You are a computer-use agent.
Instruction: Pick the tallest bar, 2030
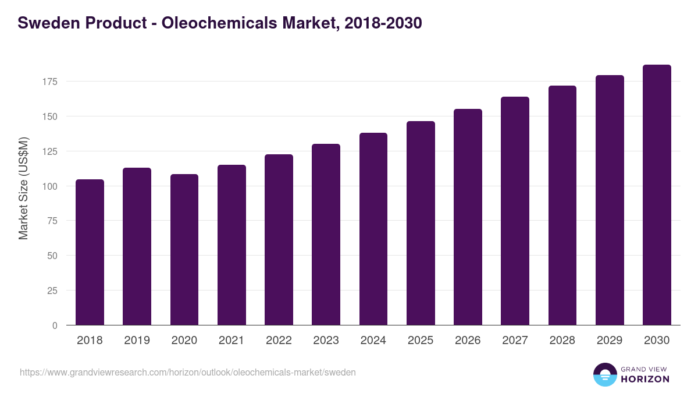657,194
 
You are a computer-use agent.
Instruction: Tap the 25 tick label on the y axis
52,291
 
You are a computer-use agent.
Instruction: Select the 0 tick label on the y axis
55,325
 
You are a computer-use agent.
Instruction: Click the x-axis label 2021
232,341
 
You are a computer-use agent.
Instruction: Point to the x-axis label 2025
421,341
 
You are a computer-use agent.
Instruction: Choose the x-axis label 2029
610,341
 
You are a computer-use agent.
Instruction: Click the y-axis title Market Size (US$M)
23,187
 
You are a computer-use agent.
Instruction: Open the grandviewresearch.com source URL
187,372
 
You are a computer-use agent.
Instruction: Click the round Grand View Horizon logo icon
604,374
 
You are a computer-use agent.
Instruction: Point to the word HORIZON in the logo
644,379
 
